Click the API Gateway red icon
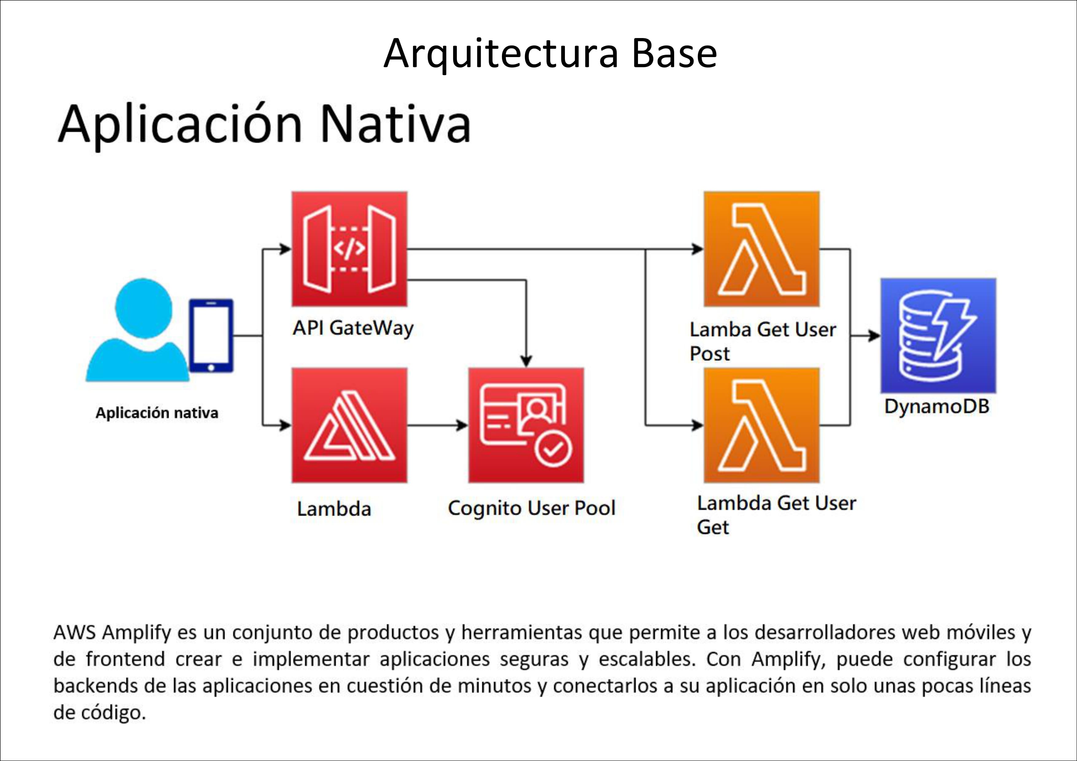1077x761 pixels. click(349, 249)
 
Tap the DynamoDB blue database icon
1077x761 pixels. click(938, 336)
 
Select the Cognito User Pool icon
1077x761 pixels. click(526, 425)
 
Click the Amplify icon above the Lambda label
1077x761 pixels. click(349, 425)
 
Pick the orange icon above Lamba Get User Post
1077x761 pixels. click(762, 249)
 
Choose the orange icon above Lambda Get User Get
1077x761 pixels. click(762, 425)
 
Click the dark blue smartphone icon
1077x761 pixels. click(211, 336)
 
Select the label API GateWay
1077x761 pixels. click(353, 328)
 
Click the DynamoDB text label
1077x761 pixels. click(937, 407)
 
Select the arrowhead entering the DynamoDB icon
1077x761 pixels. click(874, 336)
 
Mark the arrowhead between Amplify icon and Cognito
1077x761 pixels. click(462, 425)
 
